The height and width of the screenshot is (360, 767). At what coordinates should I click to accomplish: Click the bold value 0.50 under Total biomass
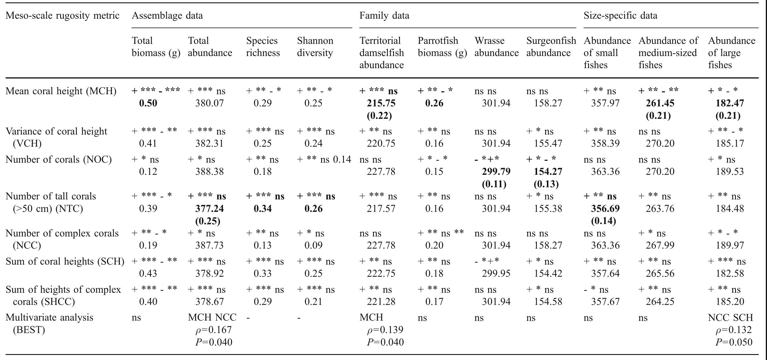point(148,103)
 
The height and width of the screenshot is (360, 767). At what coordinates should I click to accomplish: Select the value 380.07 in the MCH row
point(209,103)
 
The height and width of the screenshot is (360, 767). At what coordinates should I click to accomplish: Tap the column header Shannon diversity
point(315,47)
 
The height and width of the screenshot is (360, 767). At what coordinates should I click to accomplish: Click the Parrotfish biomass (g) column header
point(442,47)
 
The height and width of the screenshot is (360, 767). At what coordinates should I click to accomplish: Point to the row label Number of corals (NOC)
point(59,160)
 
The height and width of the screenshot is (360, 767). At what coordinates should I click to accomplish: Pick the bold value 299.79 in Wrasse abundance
point(496,172)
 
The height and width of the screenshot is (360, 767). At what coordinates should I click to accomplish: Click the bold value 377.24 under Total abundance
point(209,208)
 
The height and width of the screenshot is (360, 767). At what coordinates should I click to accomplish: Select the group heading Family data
point(384,15)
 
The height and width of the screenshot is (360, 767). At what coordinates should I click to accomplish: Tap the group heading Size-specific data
point(620,15)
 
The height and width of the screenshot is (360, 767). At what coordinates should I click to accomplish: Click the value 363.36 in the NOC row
point(605,172)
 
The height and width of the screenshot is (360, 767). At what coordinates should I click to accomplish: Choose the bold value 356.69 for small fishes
point(605,208)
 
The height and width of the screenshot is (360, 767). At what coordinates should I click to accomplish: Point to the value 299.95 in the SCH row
point(496,273)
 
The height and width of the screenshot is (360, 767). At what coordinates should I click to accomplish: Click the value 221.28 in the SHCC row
point(381,302)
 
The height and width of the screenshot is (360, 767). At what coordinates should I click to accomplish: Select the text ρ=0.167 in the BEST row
point(213,330)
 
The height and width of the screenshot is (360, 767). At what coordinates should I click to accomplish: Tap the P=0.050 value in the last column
point(734,342)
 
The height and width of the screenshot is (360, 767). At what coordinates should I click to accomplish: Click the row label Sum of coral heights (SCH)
point(65,261)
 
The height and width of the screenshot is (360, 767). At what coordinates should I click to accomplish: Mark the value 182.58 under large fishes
point(730,273)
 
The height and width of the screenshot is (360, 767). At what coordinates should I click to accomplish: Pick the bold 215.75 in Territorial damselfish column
point(381,103)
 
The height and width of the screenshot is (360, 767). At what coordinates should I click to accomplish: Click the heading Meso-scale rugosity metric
point(63,15)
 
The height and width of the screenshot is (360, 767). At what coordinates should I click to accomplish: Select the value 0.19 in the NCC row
point(148,245)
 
